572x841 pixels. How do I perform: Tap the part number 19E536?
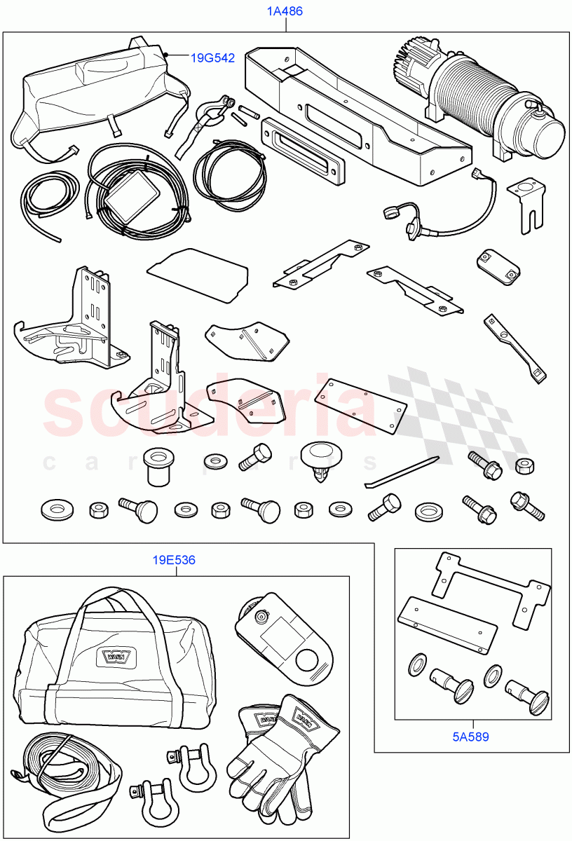(175, 560)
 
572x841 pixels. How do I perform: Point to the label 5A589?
(471, 737)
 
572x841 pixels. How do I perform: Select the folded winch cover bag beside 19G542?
(98, 88)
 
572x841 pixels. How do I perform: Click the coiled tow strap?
(70, 778)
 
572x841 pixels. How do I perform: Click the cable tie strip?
(402, 471)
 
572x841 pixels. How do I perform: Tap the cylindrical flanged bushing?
(160, 466)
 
